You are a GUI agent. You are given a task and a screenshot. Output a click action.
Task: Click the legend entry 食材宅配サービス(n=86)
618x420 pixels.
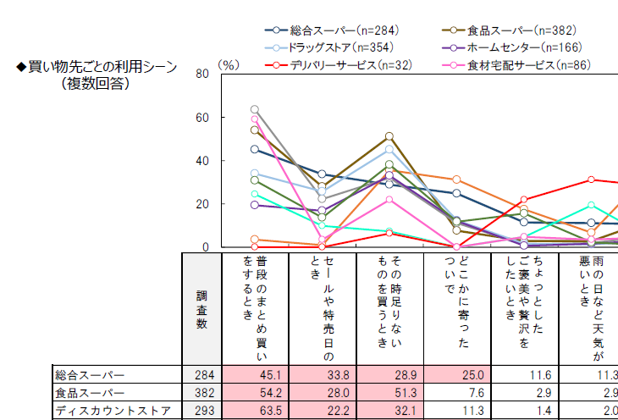click(x=520, y=64)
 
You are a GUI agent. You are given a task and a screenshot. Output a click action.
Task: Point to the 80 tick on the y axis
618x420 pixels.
click(x=202, y=74)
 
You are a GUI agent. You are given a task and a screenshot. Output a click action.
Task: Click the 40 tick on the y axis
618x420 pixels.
click(x=202, y=161)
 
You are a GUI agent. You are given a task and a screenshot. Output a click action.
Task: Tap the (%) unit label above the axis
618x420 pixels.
click(x=229, y=64)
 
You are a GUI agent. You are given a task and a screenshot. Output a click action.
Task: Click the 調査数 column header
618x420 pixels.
click(x=201, y=309)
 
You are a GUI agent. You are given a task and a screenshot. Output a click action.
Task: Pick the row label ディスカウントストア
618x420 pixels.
click(x=102, y=411)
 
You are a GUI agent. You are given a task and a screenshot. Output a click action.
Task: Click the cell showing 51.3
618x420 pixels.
click(x=390, y=393)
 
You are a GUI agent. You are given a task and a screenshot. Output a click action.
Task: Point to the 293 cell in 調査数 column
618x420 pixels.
click(x=201, y=411)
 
